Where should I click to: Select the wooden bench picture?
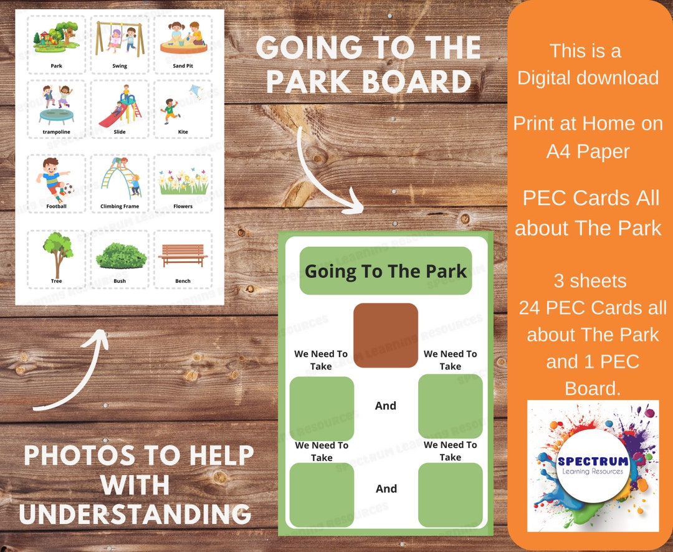183,255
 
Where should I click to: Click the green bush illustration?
120,255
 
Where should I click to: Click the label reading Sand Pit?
183,65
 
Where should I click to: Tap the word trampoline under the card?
56,132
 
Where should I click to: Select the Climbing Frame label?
120,206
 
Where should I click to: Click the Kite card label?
183,132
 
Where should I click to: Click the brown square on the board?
385,335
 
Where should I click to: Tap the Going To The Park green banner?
385,271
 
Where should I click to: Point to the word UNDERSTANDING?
135,514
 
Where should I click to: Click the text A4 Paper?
588,151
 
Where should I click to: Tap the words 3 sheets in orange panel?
589,281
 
